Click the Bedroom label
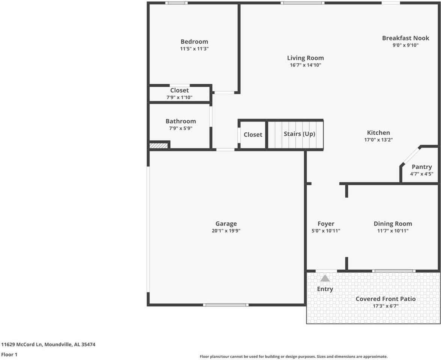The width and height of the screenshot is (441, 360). coord(194,42)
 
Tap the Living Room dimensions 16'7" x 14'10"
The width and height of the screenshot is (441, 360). coord(305,65)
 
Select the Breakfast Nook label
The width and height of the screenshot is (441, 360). coord(405,38)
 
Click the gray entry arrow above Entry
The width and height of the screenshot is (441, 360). coord(325,278)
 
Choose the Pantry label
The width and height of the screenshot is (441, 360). coord(421,167)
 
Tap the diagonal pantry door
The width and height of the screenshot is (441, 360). coord(411,155)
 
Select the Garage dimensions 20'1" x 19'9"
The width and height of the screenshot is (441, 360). coord(226,231)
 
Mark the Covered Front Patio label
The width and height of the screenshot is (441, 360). coord(385,299)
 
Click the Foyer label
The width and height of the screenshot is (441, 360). coord(326,224)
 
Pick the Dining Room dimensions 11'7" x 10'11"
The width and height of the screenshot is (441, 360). coord(393,231)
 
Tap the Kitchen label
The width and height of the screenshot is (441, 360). coord(378,133)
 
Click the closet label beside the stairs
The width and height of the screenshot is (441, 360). coord(253,135)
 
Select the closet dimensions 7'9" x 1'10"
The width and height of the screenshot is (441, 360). coord(179,97)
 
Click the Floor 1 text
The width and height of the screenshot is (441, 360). coord(9,354)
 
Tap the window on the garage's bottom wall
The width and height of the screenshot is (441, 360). coord(226,305)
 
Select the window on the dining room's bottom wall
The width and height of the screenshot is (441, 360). coord(394,271)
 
